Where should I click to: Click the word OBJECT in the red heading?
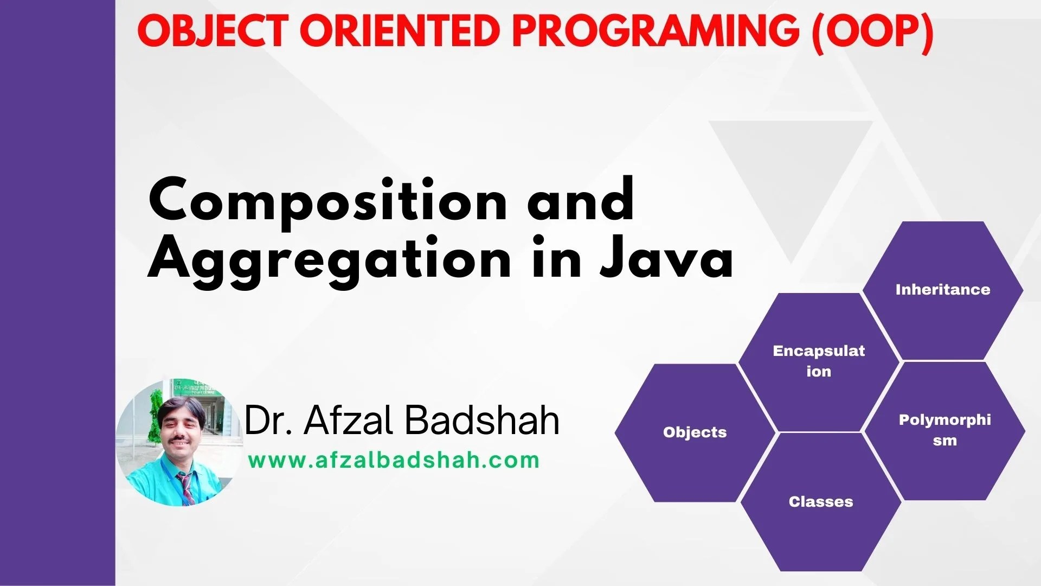[212, 31]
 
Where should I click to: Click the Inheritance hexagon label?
[943, 290]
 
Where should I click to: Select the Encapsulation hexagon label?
[819, 361]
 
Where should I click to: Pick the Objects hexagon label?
[695, 432]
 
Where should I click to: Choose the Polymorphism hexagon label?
[944, 430]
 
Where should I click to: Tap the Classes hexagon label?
[821, 502]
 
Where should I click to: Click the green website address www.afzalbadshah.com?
[394, 461]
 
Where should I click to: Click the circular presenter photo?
[179, 442]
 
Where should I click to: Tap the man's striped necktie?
[186, 487]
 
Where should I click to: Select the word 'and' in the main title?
[581, 199]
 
